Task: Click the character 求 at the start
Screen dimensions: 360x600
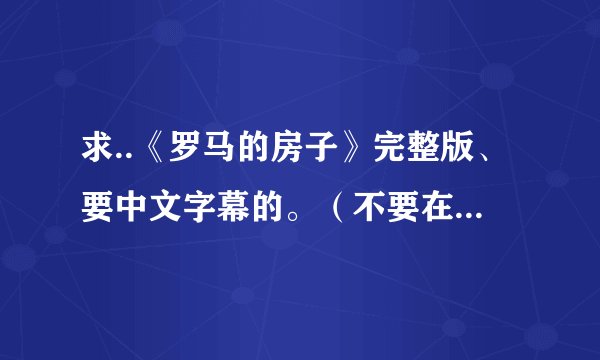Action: tap(96, 153)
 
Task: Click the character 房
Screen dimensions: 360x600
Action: tap(272, 153)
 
